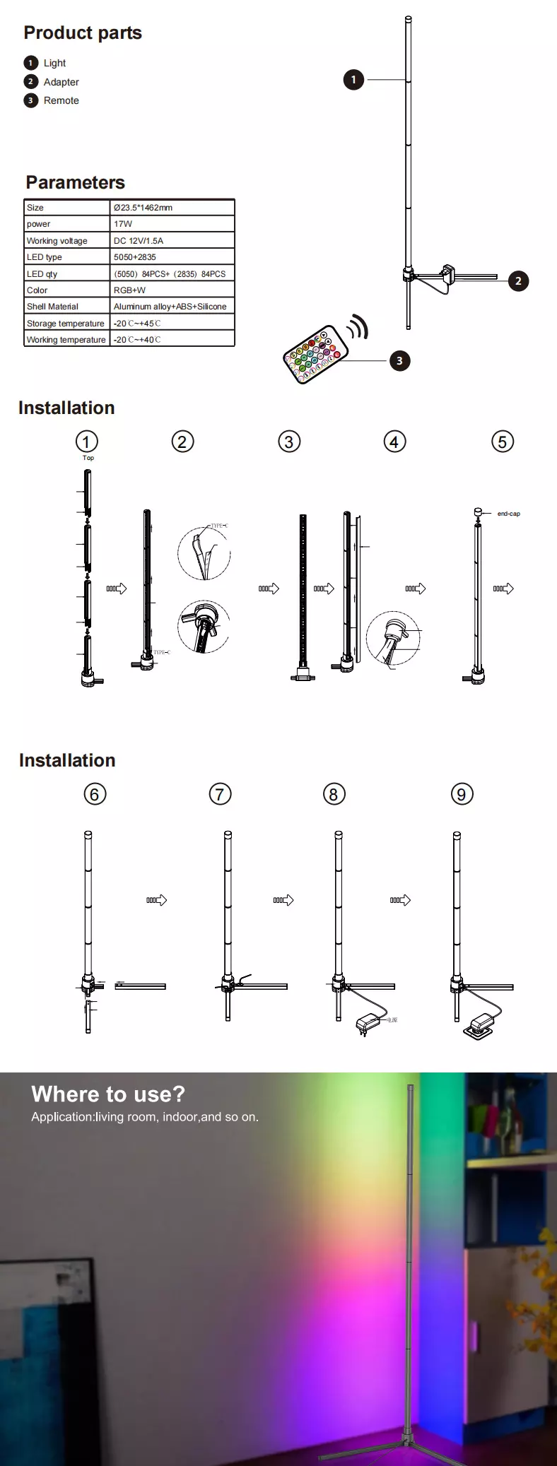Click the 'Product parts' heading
click(83, 33)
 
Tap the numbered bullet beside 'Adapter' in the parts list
click(30, 82)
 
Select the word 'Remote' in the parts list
click(61, 100)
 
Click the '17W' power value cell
click(123, 224)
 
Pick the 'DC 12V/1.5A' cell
click(139, 241)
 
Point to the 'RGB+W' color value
click(129, 290)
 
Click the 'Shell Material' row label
click(53, 307)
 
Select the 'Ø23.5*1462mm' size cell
click(143, 208)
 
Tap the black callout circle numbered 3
click(399, 361)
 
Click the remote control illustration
click(316, 354)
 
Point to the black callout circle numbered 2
click(518, 281)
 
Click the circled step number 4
click(394, 442)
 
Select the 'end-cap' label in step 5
click(508, 514)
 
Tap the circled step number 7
click(221, 794)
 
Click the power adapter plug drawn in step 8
click(368, 1022)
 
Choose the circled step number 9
click(462, 794)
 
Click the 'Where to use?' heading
click(108, 1094)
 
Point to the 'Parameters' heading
click(76, 183)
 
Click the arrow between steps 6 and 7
click(157, 900)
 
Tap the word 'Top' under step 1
click(88, 458)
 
